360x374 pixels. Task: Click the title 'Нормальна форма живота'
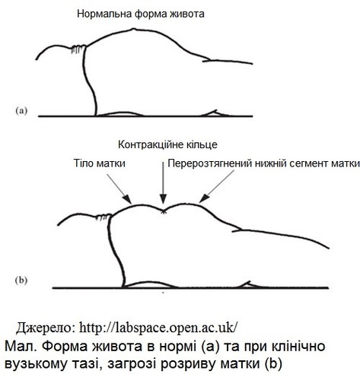pos(141,14)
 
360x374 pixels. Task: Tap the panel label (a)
pos(21,111)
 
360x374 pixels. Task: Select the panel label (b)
pos(21,280)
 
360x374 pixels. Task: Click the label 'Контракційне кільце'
pos(167,144)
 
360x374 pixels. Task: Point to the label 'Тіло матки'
pos(100,163)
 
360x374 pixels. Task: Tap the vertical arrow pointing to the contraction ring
pos(164,182)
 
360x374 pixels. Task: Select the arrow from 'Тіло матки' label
pos(119,189)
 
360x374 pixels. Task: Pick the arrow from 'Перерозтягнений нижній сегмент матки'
pos(216,186)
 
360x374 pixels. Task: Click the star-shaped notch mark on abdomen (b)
pos(164,211)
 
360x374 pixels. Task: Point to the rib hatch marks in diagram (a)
pos(78,49)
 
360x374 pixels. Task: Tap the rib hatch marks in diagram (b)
pos(104,217)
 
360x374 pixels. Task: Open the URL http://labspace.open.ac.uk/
pos(159,328)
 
